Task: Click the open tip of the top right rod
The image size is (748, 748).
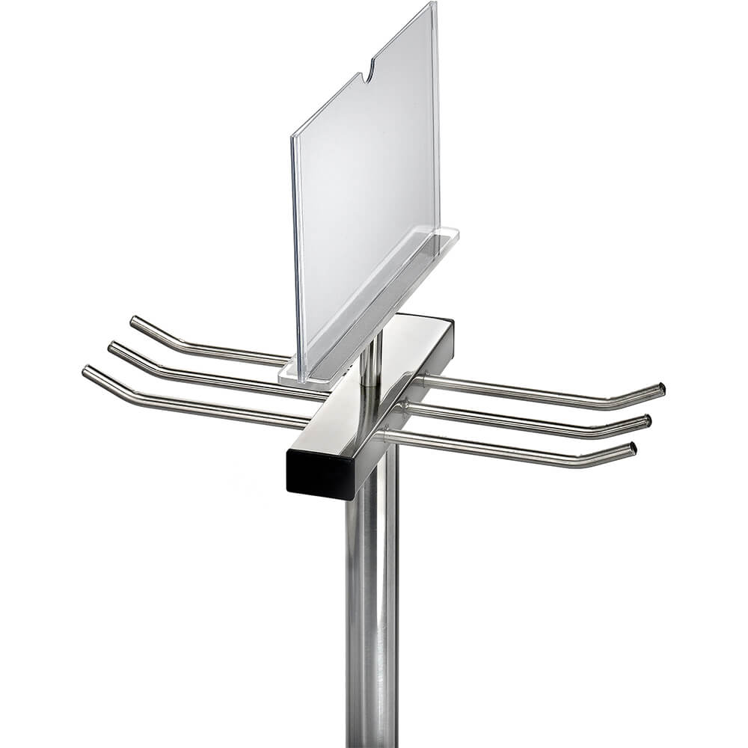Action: pyautogui.click(x=660, y=389)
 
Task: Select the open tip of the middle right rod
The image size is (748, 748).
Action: pyautogui.click(x=647, y=420)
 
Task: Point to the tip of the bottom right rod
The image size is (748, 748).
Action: pyautogui.click(x=632, y=450)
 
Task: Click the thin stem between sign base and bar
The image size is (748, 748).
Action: pyautogui.click(x=370, y=359)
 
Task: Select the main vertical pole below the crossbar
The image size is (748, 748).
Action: pyautogui.click(x=372, y=598)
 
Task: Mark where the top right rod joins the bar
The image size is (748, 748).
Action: pyautogui.click(x=423, y=379)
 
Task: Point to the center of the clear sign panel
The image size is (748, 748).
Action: pyautogui.click(x=367, y=187)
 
